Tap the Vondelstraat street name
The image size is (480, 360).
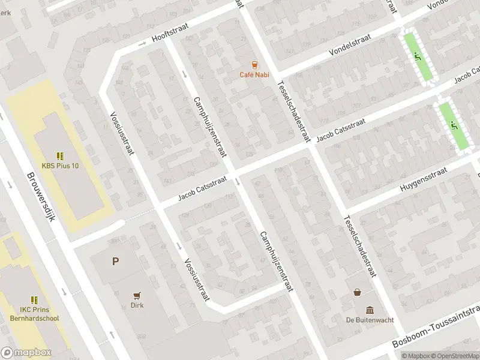[x=350, y=46]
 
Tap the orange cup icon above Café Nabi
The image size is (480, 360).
[x=255, y=65]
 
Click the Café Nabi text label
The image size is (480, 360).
[x=255, y=74]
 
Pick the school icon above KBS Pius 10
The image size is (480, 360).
[x=60, y=155]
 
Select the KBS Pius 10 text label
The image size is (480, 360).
[x=60, y=166]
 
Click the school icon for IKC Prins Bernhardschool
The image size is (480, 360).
[x=35, y=299]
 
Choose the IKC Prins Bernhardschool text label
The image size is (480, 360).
[x=35, y=314]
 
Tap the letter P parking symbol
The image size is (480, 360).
[x=115, y=261]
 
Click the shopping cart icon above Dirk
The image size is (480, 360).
[x=137, y=295]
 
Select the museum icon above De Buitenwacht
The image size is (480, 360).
[x=370, y=310]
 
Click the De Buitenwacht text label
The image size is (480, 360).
[x=370, y=320]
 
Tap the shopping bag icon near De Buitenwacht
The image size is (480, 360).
[x=358, y=292]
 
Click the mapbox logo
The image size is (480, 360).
[x=26, y=353]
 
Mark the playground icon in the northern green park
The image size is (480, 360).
[x=418, y=57]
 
